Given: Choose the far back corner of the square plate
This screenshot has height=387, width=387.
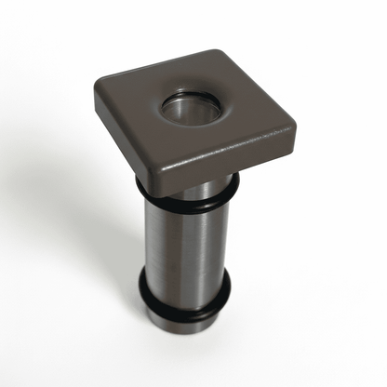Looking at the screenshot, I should [x=219, y=51].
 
